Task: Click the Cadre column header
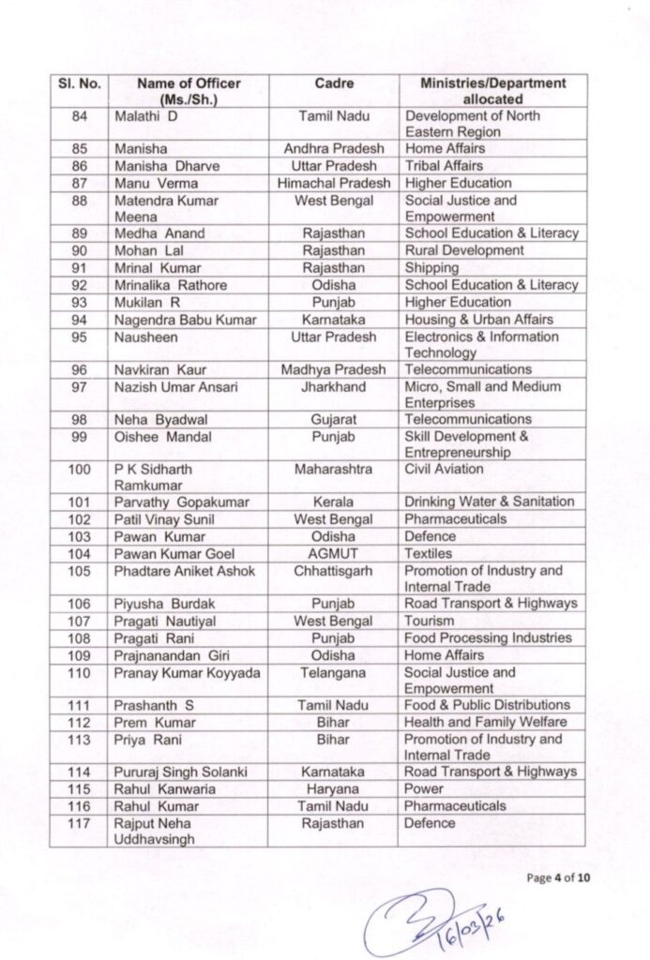click(333, 83)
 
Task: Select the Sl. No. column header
click(79, 83)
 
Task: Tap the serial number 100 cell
click(79, 469)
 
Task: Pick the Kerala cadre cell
click(333, 502)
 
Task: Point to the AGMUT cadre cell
click(333, 553)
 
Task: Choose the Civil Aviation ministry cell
click(444, 469)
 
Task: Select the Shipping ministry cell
click(431, 267)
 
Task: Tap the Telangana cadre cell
click(333, 672)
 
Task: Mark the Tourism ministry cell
click(430, 621)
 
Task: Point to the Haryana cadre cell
click(333, 788)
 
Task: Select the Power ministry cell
click(424, 788)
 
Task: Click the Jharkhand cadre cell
click(333, 386)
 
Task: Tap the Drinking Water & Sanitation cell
click(482, 502)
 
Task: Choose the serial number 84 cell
click(79, 116)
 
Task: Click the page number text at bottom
click(559, 877)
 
